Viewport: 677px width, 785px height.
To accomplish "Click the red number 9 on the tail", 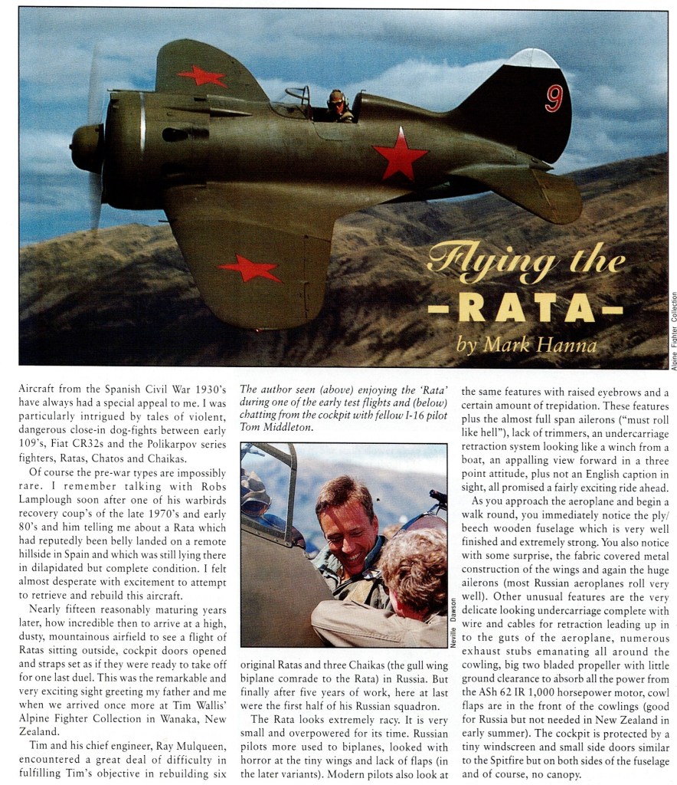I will [x=554, y=97].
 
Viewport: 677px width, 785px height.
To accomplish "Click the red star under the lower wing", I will [x=249, y=268].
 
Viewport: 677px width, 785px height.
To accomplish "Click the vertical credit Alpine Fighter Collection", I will [x=672, y=320].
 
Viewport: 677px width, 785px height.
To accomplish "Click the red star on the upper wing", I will [x=202, y=76].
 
